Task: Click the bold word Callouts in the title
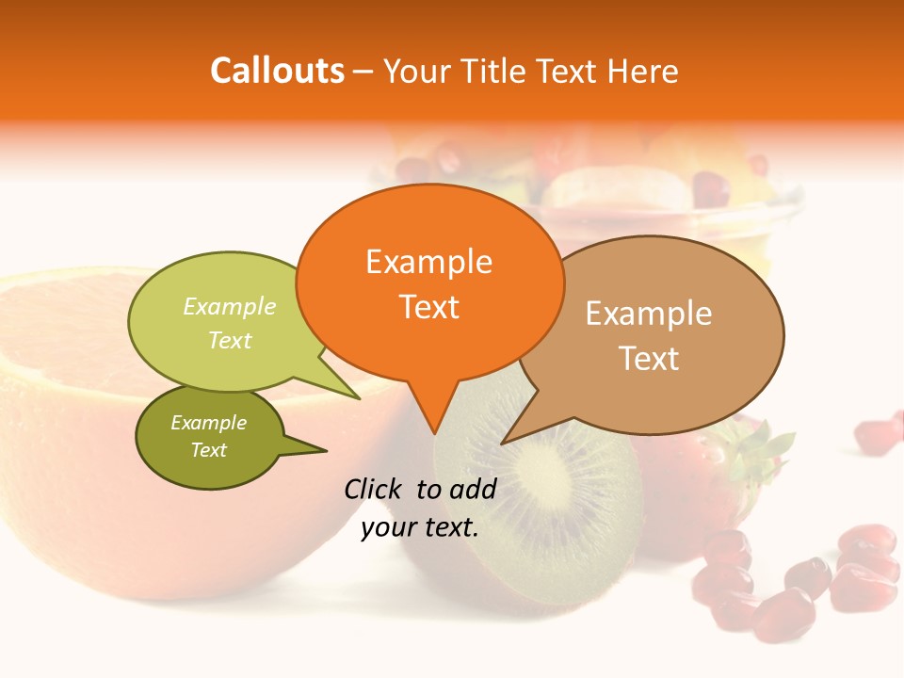[x=277, y=71]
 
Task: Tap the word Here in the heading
[x=639, y=71]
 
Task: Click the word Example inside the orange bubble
[x=428, y=262]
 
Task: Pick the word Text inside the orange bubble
[x=428, y=307]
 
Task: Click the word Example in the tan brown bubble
[x=649, y=314]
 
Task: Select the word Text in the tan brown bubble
[x=649, y=359]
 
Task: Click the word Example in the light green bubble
[x=230, y=307]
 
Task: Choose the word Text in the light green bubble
[x=230, y=340]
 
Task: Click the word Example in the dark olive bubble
[x=208, y=423]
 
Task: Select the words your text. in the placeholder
[x=420, y=528]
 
